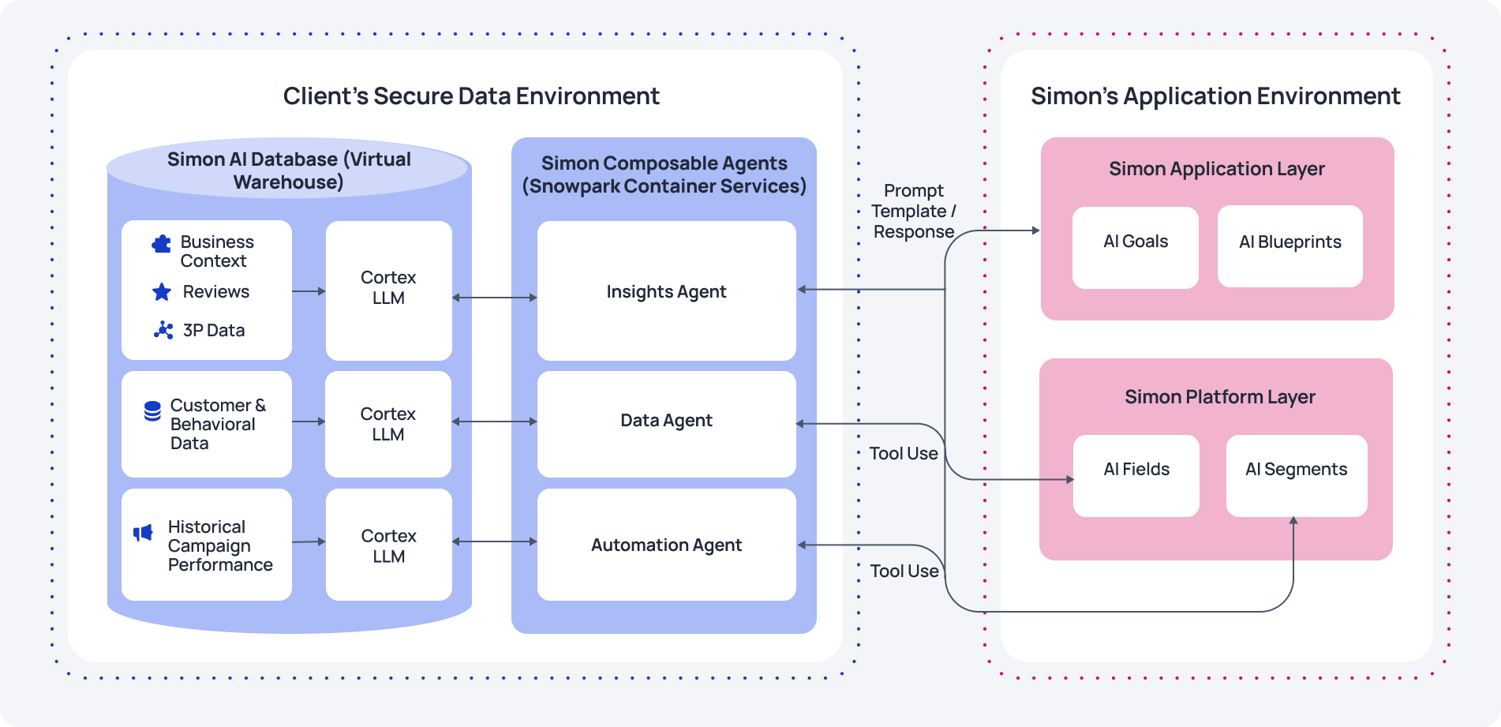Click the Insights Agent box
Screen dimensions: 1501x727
[x=666, y=290]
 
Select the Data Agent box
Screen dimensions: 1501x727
[x=666, y=424]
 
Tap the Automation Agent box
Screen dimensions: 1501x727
[x=666, y=545]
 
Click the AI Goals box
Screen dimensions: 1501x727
[x=1135, y=247]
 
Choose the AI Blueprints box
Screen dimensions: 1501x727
[x=1290, y=246]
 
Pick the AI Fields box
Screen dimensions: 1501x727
[x=1136, y=476]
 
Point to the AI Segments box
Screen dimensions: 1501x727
[x=1296, y=476]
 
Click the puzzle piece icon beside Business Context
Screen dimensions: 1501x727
[x=162, y=244]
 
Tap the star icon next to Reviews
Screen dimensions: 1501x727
[x=162, y=292]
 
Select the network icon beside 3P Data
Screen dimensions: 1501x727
[x=163, y=330]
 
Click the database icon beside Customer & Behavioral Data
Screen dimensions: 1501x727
[x=152, y=410]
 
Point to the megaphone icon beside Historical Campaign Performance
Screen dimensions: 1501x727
[x=143, y=533]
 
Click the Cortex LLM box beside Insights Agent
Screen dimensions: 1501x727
[x=388, y=290]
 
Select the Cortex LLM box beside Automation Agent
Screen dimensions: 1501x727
[x=388, y=545]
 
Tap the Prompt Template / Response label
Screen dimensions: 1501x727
[x=913, y=211]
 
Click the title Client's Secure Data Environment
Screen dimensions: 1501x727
[x=471, y=96]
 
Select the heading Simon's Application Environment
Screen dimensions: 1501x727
[x=1215, y=96]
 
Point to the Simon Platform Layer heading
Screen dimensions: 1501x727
[x=1219, y=396]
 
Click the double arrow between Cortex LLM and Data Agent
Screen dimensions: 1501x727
[x=494, y=422]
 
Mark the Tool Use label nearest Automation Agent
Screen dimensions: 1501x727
[x=904, y=571]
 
